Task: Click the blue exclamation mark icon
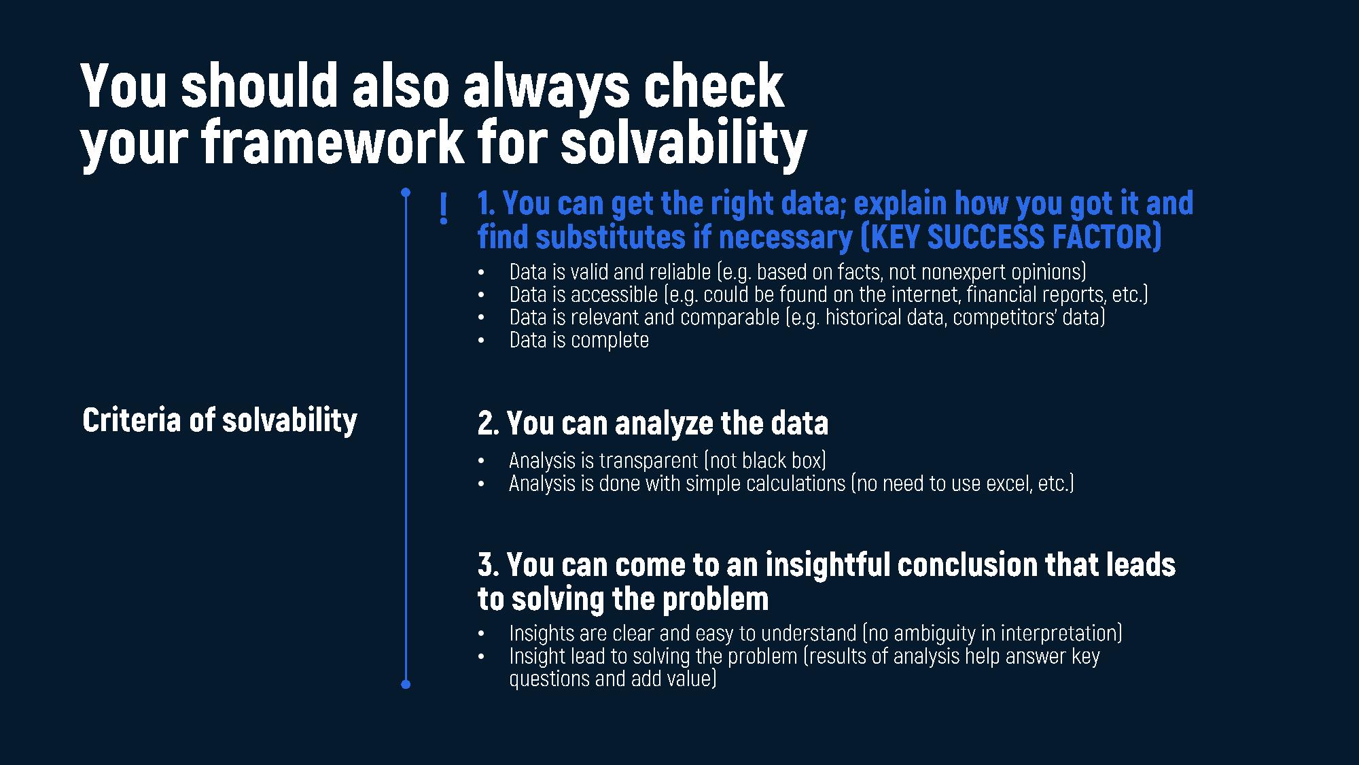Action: tap(444, 209)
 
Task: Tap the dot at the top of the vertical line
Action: tap(406, 192)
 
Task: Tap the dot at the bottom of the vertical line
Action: tap(406, 684)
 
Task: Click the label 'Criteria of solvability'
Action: tap(219, 420)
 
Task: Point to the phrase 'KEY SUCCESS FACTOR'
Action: tap(1012, 237)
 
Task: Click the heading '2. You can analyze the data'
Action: tap(653, 423)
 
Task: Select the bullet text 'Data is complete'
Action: tap(579, 339)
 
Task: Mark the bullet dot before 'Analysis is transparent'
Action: tap(481, 461)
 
